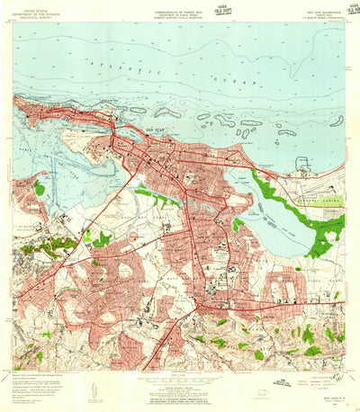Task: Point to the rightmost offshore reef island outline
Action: [x=336, y=121]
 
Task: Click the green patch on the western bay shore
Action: [x=39, y=189]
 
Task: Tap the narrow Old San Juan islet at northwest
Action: [x=54, y=112]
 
